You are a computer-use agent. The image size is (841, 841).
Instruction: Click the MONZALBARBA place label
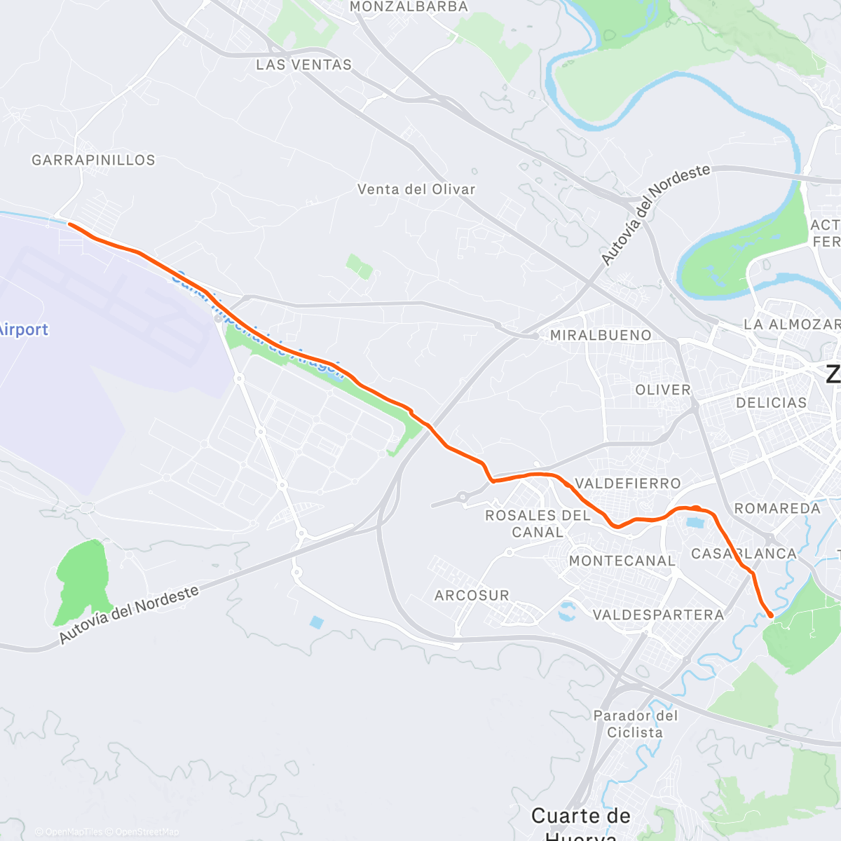click(x=408, y=7)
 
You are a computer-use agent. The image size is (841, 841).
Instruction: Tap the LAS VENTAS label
click(x=303, y=65)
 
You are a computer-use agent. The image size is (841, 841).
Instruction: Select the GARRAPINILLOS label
click(x=93, y=160)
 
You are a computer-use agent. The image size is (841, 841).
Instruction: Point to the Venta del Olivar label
click(x=416, y=190)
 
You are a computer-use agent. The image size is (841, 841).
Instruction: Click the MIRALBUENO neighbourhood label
click(x=601, y=336)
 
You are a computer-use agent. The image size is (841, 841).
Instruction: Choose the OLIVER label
click(x=663, y=390)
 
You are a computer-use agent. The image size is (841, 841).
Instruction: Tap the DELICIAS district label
click(x=772, y=403)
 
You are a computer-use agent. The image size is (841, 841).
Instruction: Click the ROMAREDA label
click(x=777, y=508)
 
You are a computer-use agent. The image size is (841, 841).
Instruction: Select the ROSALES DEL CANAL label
click(x=538, y=524)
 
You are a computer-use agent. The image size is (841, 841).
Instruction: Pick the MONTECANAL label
click(x=622, y=561)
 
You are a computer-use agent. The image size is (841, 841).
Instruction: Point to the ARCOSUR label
click(x=472, y=596)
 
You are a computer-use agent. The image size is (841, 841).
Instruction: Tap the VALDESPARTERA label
click(x=658, y=615)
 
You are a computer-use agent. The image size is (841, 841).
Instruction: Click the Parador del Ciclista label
click(x=635, y=724)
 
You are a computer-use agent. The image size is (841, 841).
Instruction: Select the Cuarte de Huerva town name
click(x=581, y=816)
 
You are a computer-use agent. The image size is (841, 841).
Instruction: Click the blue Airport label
click(x=24, y=329)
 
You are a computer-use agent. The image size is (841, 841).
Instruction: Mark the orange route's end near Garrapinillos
click(x=69, y=224)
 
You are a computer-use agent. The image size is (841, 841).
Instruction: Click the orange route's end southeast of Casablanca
click(x=771, y=615)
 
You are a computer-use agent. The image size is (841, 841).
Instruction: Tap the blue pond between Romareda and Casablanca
click(x=695, y=522)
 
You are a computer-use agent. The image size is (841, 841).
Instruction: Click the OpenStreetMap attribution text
click(x=146, y=832)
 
